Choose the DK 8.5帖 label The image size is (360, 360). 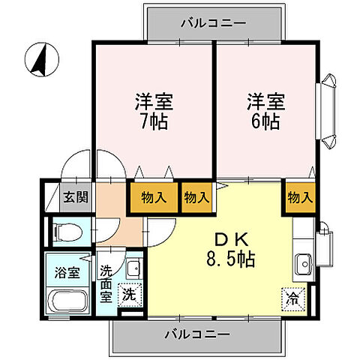click(x=223, y=250)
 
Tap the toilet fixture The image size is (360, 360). click(x=67, y=231)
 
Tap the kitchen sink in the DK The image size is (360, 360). click(x=304, y=264)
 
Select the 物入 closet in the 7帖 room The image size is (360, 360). click(x=155, y=198)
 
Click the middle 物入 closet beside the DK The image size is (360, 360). click(x=196, y=198)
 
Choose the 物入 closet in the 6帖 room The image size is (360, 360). click(x=298, y=198)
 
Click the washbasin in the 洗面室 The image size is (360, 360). click(x=131, y=268)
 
